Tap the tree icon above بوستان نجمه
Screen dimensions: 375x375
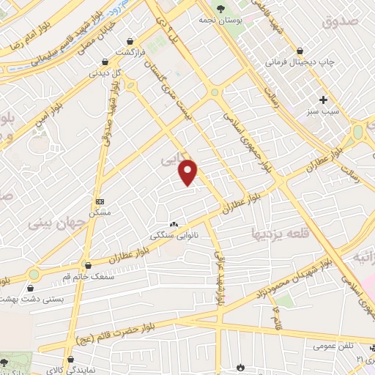(x=220, y=9)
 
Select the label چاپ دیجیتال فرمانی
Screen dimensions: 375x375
(x=300, y=62)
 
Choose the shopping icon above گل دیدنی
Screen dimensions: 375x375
(x=107, y=62)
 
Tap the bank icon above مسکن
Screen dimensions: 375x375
(x=100, y=201)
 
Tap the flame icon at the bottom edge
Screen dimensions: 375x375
(x=239, y=367)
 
